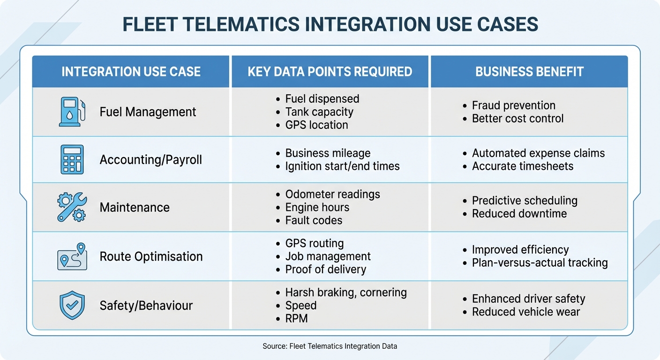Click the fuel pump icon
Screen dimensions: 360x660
pyautogui.click(x=72, y=112)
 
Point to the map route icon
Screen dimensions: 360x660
pyautogui.click(x=72, y=256)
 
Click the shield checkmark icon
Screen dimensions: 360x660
pyautogui.click(x=72, y=306)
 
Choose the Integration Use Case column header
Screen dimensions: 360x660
pyautogui.click(x=131, y=72)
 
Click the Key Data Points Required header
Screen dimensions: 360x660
pyautogui.click(x=330, y=72)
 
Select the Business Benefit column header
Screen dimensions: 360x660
pyautogui.click(x=529, y=72)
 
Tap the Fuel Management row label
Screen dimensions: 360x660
pyautogui.click(x=148, y=112)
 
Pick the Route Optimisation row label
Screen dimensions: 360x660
pyautogui.click(x=151, y=256)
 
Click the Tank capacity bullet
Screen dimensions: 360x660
pyautogui.click(x=319, y=112)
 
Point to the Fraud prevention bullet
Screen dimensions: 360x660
pyautogui.click(x=513, y=105)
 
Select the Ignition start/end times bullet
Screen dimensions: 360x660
pyautogui.click(x=342, y=166)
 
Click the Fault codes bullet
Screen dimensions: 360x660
pyautogui.click(x=314, y=220)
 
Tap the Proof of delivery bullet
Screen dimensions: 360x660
pyautogui.click(x=325, y=270)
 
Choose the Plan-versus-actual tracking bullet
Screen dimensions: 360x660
pyautogui.click(x=540, y=263)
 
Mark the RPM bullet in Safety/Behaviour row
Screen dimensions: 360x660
pyautogui.click(x=296, y=319)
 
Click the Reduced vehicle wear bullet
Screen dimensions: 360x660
pyautogui.click(x=525, y=312)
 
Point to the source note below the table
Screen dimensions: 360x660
pyautogui.click(x=330, y=346)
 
